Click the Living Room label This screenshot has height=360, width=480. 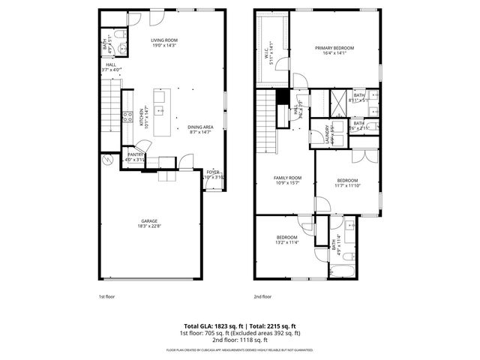tap(163, 40)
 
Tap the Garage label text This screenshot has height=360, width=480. tap(148, 220)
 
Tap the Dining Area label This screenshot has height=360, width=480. tap(200, 127)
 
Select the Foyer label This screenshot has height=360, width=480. tap(214, 172)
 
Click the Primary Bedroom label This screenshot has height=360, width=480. tap(334, 47)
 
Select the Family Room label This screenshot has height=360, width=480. tap(286, 178)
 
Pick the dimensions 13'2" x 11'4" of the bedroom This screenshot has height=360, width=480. tap(288, 242)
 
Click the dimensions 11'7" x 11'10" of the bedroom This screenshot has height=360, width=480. tap(346, 185)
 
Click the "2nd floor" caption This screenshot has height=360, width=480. tap(262, 296)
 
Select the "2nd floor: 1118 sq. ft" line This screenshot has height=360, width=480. tap(240, 339)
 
